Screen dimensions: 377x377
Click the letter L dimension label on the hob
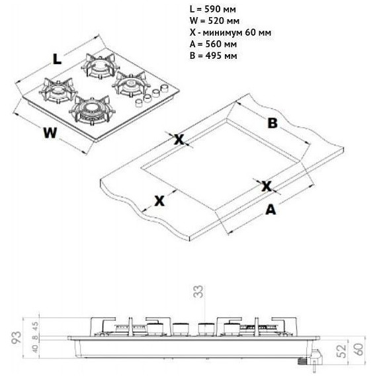tap(57, 59)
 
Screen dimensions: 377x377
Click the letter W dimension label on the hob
tap(50, 133)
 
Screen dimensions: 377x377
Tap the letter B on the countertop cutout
tap(272, 123)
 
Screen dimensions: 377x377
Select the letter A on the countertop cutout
tap(271, 210)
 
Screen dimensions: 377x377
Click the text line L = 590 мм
tap(212, 9)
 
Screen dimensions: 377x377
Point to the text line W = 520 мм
tap(214, 21)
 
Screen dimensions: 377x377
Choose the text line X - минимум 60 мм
tap(230, 32)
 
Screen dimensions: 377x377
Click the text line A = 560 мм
tap(213, 44)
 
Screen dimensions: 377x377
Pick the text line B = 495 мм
tap(213, 56)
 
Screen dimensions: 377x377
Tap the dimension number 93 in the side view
tap(17, 337)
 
